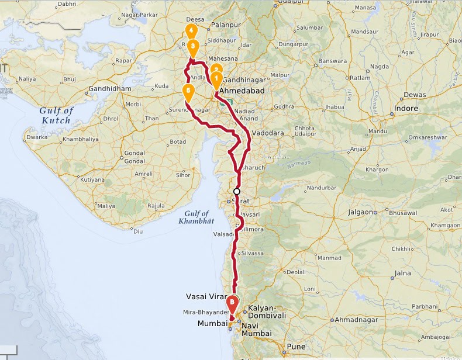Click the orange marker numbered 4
[x=191, y=31]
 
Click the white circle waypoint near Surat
[x=237, y=191]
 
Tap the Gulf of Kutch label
[x=56, y=115]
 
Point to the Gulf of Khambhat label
[x=196, y=216]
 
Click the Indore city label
[x=406, y=109]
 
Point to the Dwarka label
[x=37, y=138]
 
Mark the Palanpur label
[x=226, y=26]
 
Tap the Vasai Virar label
[x=205, y=296]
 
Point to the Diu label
[x=139, y=231]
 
